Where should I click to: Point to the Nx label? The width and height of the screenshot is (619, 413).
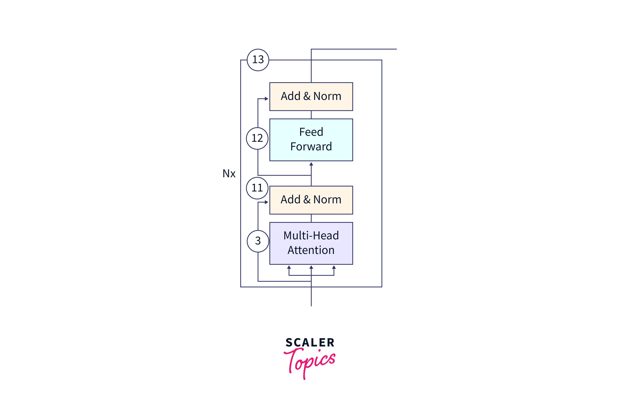(x=229, y=174)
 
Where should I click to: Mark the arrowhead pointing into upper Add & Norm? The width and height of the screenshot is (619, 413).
(x=266, y=99)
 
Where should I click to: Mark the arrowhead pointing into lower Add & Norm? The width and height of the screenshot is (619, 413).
(x=266, y=202)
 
